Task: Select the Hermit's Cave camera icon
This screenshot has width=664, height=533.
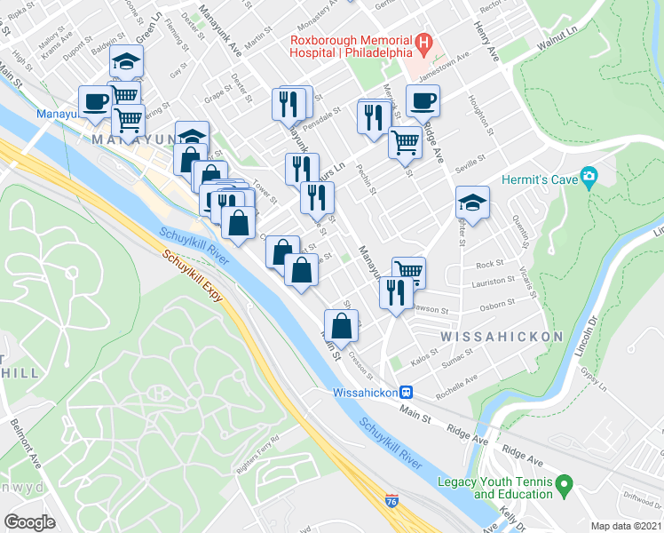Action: point(589,179)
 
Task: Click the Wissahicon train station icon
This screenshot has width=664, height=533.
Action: point(406,392)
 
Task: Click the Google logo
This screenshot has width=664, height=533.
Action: point(30,522)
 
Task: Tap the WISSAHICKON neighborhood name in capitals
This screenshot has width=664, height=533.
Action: point(502,337)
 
